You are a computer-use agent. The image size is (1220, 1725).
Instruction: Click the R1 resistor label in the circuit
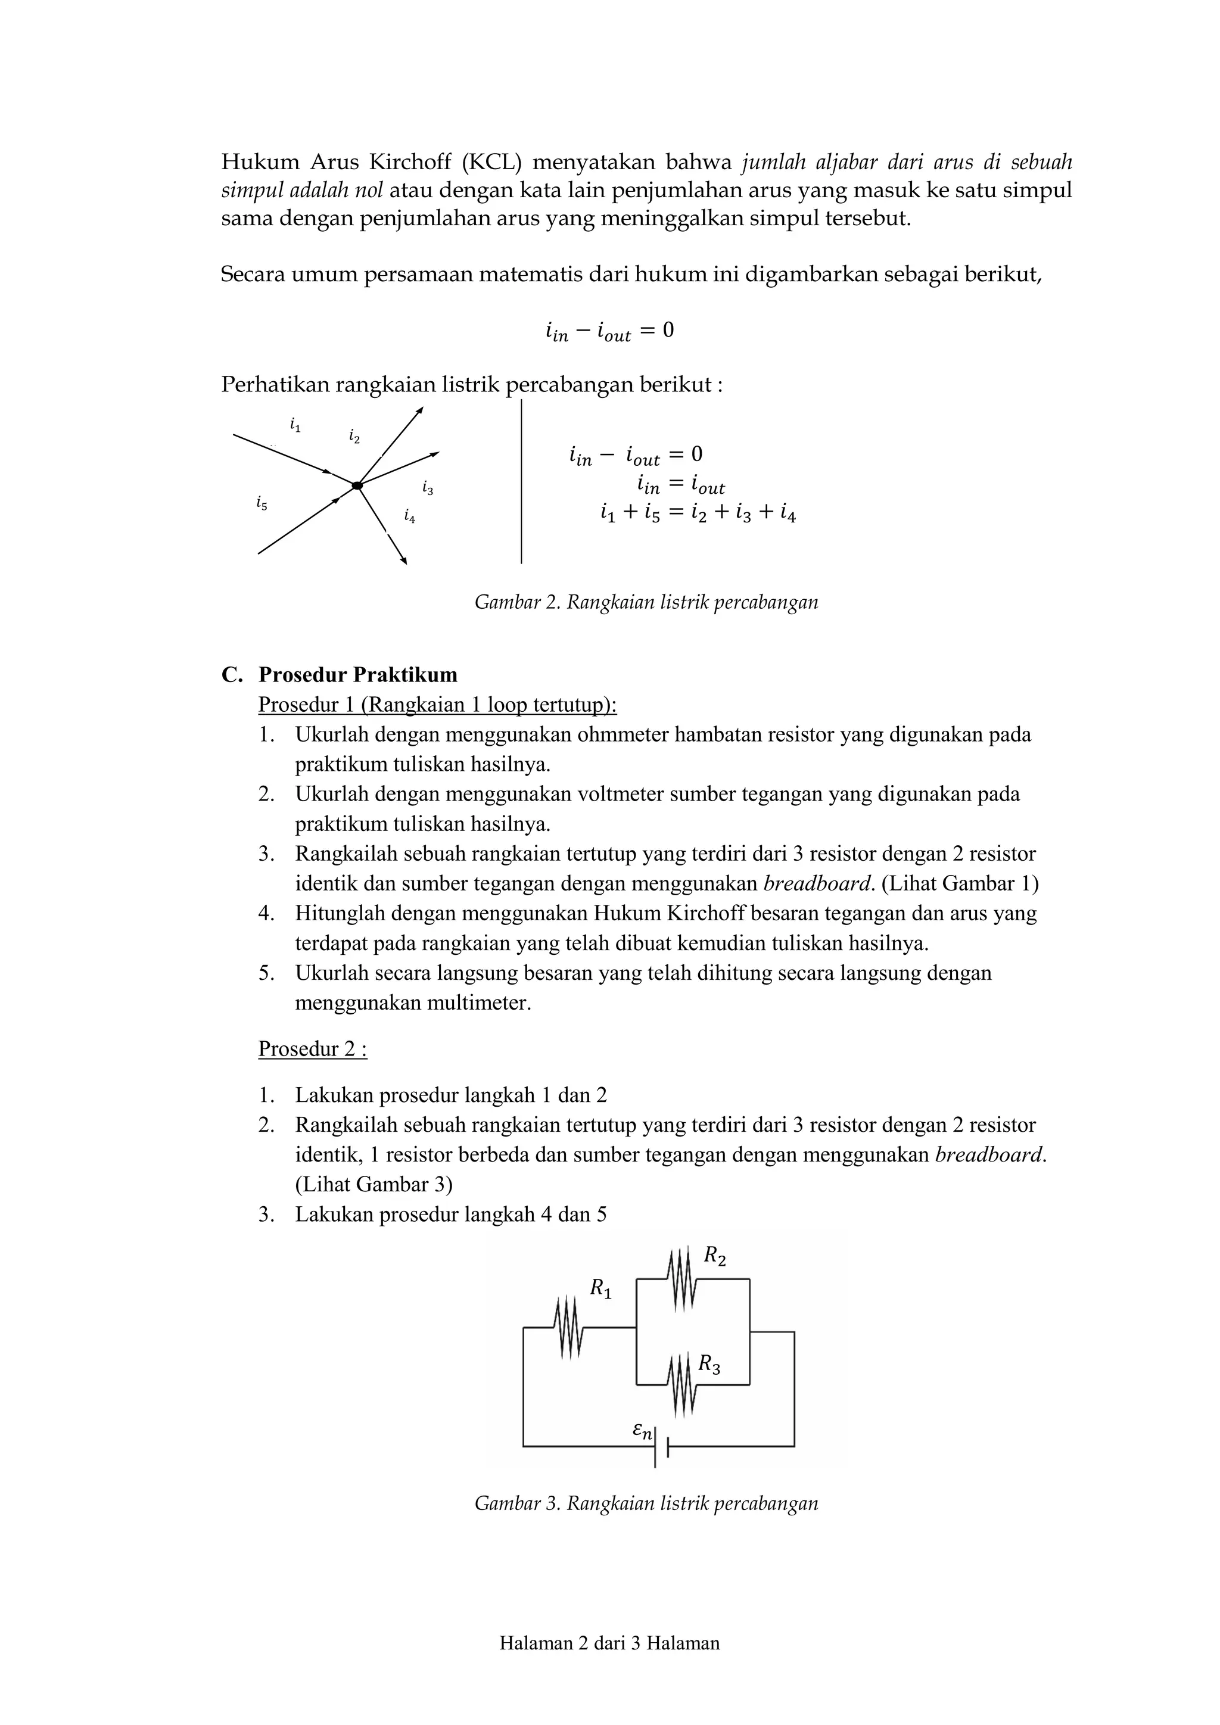coord(600,1289)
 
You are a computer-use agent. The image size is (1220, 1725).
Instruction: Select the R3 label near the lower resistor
coord(708,1363)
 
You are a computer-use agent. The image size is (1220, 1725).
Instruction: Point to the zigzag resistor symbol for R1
coord(569,1328)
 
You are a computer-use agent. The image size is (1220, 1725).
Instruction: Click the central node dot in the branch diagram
coord(357,486)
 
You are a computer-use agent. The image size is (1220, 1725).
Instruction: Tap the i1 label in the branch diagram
coord(295,425)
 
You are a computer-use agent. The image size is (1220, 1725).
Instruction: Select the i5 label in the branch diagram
coord(261,503)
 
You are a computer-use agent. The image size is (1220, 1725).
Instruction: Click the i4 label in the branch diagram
coord(409,516)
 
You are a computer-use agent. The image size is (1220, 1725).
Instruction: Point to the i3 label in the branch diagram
coord(428,488)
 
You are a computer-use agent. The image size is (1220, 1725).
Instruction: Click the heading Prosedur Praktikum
coord(357,675)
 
